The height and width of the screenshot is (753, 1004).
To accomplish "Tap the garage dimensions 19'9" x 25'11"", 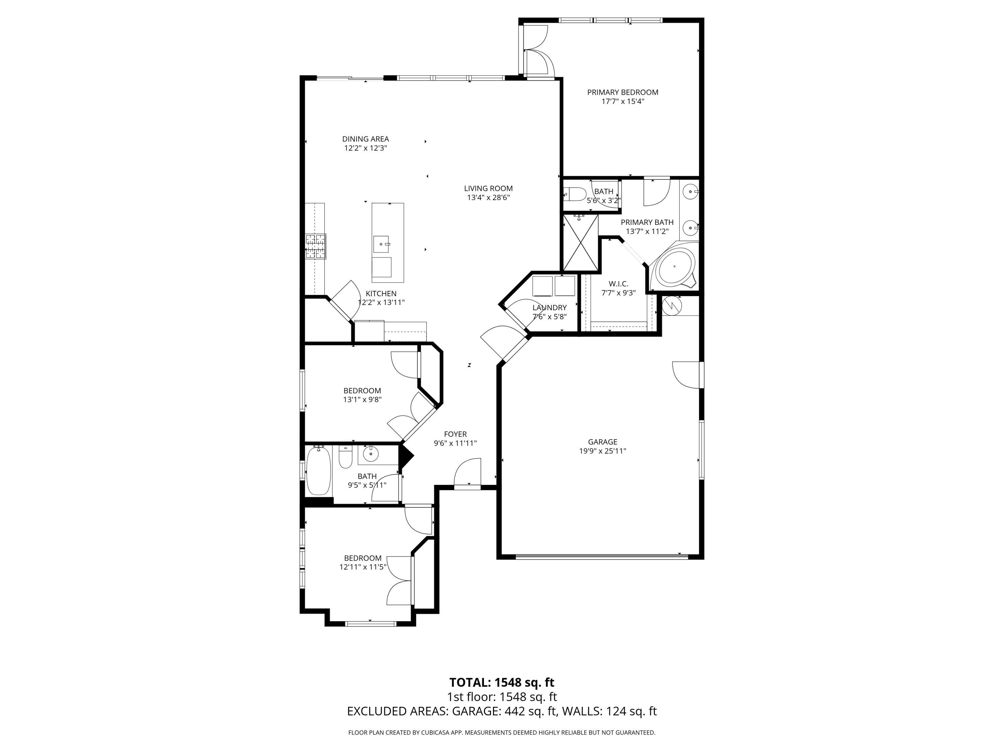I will [602, 451].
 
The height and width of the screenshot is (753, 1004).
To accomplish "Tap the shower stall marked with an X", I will [581, 243].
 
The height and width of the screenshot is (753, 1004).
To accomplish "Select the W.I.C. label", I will [618, 284].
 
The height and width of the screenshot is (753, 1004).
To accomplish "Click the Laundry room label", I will [549, 308].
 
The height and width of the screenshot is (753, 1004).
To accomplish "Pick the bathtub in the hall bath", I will [318, 471].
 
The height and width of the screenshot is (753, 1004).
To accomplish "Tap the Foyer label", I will [455, 434].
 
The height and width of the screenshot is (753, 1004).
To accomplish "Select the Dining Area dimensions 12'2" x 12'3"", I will [365, 148].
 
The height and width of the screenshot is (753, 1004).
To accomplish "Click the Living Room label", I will [488, 188].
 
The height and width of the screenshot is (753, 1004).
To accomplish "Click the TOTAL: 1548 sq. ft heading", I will [502, 682].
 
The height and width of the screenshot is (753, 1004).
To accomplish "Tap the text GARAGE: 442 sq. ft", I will [504, 711].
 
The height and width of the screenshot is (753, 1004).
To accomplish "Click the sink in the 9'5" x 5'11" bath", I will [371, 453].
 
